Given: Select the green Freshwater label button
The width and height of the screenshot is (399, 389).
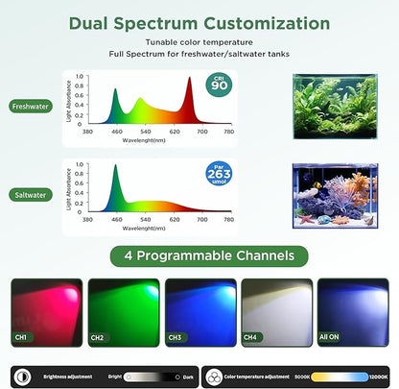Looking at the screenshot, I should [32, 106].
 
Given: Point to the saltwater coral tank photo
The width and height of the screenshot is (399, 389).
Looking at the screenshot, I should [329, 196].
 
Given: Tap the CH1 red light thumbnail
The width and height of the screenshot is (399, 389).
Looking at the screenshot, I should [45, 312].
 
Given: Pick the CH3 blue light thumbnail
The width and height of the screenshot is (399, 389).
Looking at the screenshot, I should [199, 312].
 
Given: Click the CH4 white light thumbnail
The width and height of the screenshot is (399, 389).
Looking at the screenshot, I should [276, 312].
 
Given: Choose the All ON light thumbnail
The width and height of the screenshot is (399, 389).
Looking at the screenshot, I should [353, 312].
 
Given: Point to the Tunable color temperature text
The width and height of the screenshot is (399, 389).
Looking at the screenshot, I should [199, 43].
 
